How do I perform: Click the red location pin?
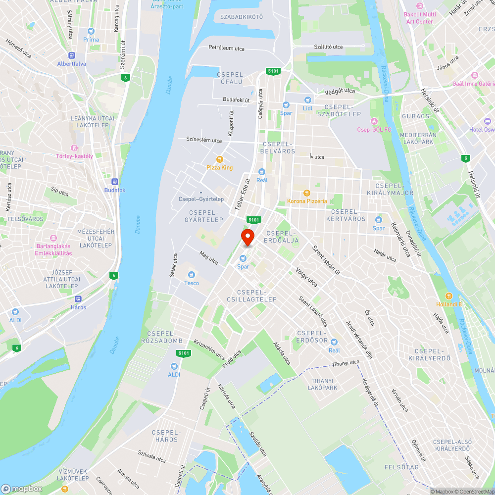(x=247, y=237)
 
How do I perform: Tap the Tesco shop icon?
(x=192, y=275)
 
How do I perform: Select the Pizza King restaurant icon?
(x=220, y=159)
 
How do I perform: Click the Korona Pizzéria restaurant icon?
(x=307, y=193)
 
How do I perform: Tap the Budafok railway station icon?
(x=115, y=182)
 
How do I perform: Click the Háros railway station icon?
(x=78, y=298)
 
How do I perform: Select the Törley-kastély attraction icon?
(x=75, y=148)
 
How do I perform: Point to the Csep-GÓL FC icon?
(x=374, y=121)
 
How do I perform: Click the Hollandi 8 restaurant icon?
(x=449, y=296)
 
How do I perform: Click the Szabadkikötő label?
(x=242, y=17)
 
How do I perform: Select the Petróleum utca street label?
(x=226, y=49)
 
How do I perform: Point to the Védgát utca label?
(x=340, y=91)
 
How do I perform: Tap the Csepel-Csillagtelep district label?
(x=256, y=296)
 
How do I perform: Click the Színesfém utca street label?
(x=204, y=140)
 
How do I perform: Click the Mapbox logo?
(x=22, y=488)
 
